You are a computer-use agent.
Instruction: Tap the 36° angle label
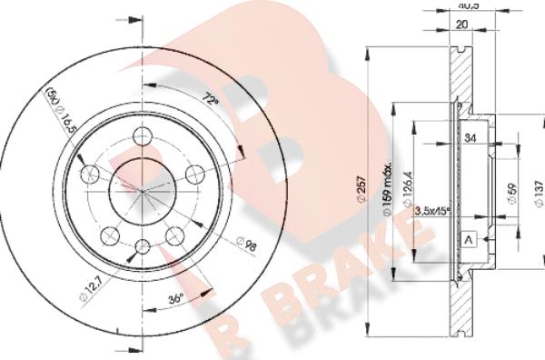pos(175,297)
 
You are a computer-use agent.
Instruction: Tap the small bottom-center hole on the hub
pos(143,246)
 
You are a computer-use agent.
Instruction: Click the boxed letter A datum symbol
pos(469,239)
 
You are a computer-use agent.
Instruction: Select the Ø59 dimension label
pos(512,194)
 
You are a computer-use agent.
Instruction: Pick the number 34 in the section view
pos(470,137)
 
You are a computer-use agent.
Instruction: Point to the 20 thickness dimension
pos(463,25)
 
